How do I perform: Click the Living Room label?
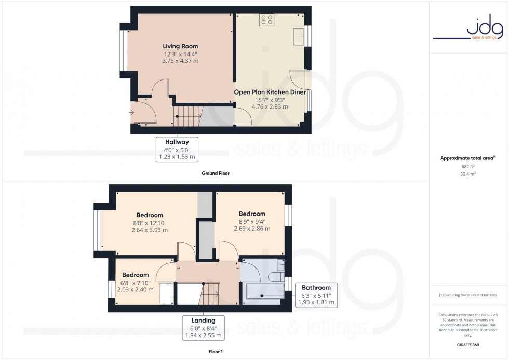180,46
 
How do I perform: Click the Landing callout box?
203,328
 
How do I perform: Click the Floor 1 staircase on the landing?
211,294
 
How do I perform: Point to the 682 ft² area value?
468,166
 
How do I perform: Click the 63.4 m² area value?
468,175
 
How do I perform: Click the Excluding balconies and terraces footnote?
468,295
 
